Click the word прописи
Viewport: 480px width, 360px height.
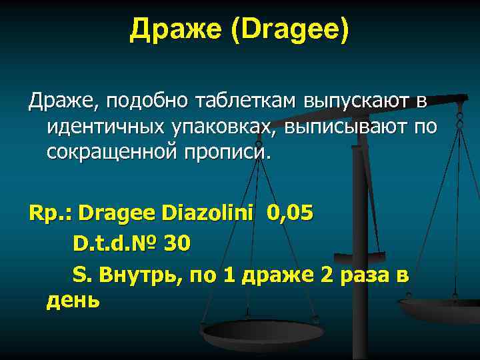click(x=230, y=151)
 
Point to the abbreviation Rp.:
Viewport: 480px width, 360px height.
click(x=51, y=213)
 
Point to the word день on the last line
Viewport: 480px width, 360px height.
click(x=73, y=300)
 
